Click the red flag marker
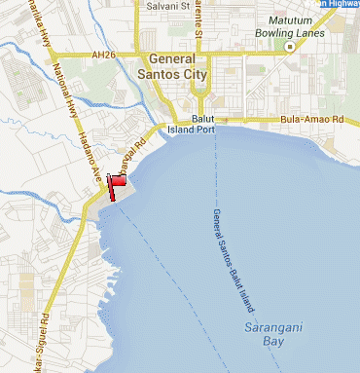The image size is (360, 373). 121,181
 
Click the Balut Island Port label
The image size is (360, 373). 196,124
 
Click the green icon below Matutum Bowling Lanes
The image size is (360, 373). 290,45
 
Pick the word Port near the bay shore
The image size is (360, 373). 211,129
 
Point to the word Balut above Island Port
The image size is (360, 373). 202,118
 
